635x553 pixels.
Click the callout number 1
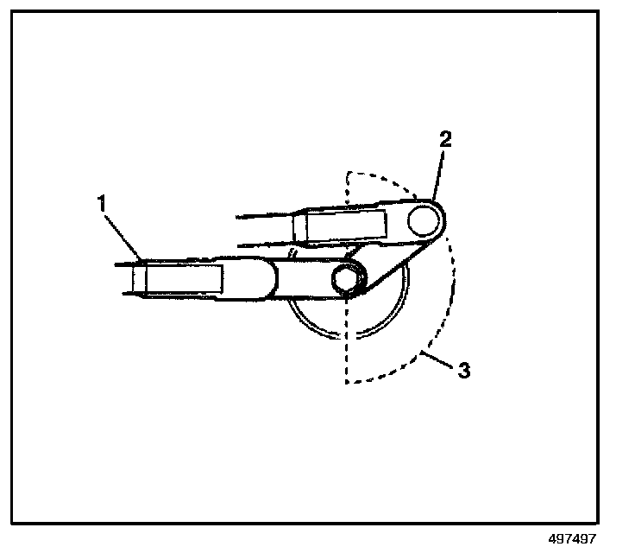(x=103, y=205)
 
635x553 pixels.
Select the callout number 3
(x=463, y=372)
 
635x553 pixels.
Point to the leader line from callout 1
(x=122, y=236)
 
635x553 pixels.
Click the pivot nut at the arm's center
(x=345, y=278)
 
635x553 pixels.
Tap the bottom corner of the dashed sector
(x=345, y=381)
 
